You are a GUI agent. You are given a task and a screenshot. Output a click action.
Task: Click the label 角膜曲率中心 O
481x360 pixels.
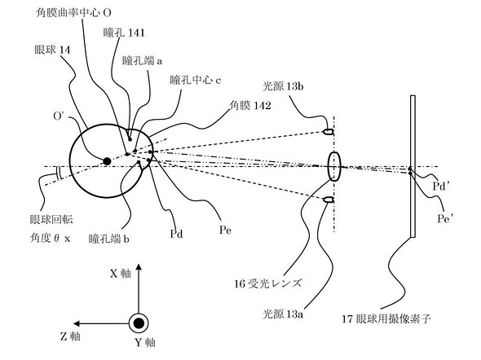point(73,12)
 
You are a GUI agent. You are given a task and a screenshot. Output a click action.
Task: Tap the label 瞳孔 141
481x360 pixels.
point(124,33)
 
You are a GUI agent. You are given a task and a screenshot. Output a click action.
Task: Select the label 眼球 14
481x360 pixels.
point(52,50)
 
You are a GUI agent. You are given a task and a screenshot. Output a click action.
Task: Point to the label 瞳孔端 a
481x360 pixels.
point(142,60)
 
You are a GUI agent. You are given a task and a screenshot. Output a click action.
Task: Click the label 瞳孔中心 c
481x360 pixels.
point(196,80)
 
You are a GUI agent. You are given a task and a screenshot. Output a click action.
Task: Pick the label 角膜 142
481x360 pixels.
point(250,105)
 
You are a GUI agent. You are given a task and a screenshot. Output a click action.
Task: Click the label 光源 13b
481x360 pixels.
point(283,86)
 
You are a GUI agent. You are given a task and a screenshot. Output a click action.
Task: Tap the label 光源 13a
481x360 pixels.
point(283,314)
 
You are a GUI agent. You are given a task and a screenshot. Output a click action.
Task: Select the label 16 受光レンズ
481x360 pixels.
point(267,283)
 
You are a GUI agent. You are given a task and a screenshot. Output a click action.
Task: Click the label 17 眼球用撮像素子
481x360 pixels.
point(386,319)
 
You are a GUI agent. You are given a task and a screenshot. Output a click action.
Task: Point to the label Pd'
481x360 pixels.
point(441,186)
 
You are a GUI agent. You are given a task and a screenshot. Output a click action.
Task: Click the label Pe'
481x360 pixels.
point(446,218)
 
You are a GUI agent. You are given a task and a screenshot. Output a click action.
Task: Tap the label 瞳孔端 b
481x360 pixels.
point(109,239)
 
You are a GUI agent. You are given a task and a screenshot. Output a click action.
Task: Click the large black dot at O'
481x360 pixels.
point(107,161)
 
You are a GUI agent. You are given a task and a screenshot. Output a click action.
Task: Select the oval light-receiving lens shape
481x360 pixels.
point(334,166)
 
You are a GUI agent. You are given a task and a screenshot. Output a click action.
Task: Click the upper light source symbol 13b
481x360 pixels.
point(329,132)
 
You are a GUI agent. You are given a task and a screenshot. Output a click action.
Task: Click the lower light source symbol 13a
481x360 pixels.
point(329,200)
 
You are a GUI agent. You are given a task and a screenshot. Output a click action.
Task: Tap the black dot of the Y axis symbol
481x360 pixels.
point(139,323)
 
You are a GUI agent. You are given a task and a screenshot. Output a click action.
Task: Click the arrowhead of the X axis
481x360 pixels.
point(139,267)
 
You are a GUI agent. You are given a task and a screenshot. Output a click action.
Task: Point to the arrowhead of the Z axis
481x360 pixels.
point(77,323)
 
